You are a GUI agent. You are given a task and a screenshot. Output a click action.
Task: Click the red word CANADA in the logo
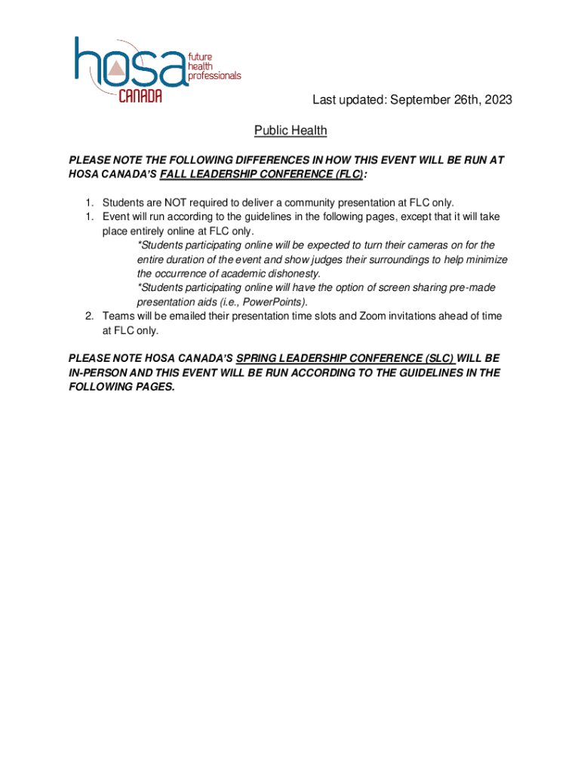click(140, 96)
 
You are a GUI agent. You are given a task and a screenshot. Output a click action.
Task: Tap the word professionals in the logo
click(215, 76)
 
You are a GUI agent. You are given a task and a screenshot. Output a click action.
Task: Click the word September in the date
click(418, 100)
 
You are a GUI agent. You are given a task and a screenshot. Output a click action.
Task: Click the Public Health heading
click(290, 131)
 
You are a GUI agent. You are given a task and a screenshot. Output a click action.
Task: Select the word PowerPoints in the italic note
click(276, 302)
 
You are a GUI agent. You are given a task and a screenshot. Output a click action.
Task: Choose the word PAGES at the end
click(153, 387)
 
